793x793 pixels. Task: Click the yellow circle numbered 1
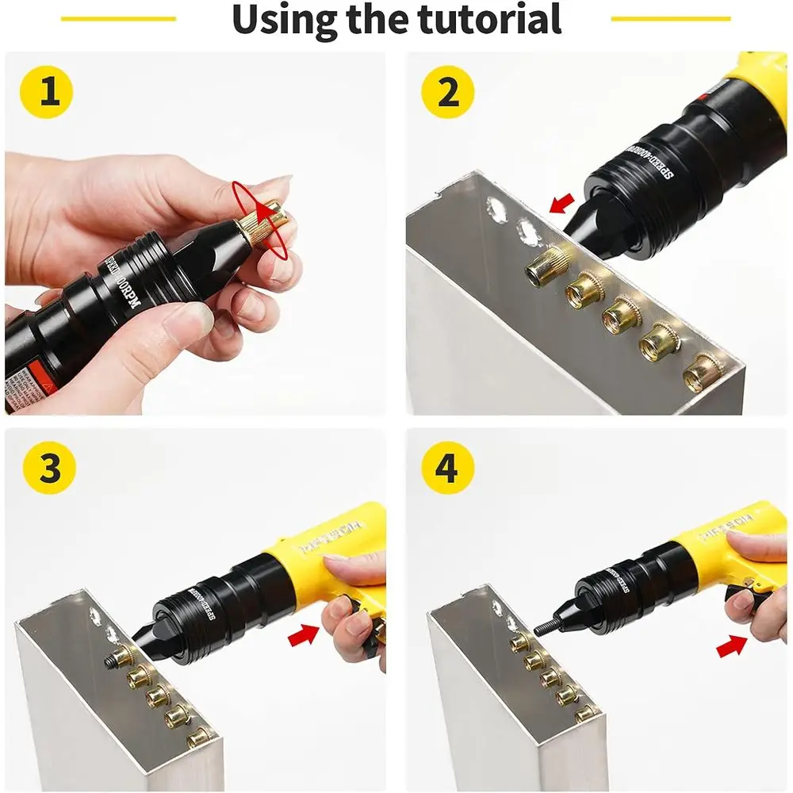click(50, 93)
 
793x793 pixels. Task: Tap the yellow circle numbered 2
click(449, 93)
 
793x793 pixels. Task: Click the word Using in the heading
click(286, 19)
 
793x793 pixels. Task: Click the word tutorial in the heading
click(488, 19)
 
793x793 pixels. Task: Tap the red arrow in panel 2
click(561, 204)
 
